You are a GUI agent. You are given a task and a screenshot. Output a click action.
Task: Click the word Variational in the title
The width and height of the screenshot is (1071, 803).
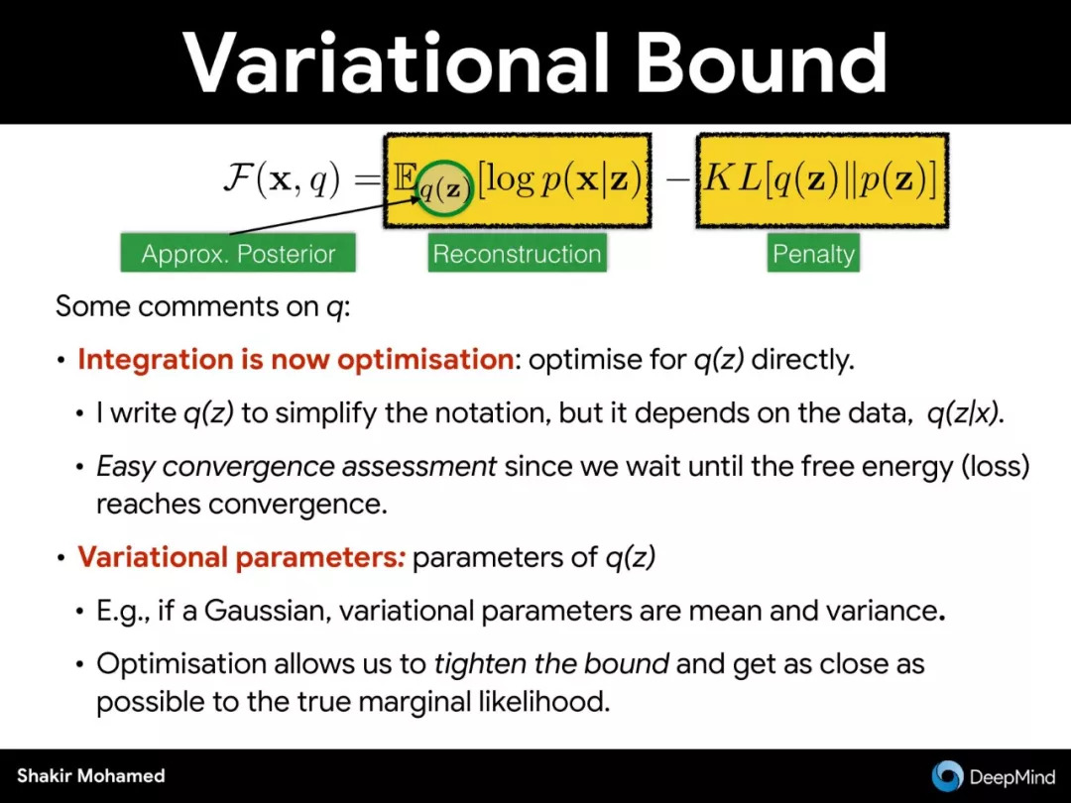[396, 62]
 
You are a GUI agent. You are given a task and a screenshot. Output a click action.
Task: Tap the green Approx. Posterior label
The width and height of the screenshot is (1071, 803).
[238, 254]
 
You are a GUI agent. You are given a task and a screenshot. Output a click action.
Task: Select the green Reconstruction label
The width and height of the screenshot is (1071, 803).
[517, 254]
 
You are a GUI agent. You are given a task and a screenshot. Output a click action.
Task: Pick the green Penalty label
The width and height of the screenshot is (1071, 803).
[813, 254]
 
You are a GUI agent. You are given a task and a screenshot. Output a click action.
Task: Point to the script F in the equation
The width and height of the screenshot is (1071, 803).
[238, 178]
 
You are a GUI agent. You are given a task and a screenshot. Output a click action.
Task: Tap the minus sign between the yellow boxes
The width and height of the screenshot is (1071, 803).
[677, 179]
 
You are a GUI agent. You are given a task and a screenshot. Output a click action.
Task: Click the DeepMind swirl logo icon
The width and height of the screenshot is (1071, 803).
[947, 775]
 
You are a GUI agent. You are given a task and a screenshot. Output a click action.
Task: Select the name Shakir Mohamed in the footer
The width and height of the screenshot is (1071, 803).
[91, 775]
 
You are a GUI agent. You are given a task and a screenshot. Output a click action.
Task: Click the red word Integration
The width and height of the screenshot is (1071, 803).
[156, 359]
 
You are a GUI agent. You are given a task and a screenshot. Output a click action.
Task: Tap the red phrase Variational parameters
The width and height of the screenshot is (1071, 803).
[241, 557]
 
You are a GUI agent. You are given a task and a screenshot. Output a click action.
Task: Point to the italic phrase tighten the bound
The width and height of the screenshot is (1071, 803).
[551, 663]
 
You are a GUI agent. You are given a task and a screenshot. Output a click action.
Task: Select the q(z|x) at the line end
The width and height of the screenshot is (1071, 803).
[965, 413]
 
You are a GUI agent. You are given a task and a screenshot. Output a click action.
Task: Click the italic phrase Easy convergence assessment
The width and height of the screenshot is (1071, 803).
[297, 467]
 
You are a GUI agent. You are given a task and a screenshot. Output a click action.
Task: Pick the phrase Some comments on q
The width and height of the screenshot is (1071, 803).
[202, 306]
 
